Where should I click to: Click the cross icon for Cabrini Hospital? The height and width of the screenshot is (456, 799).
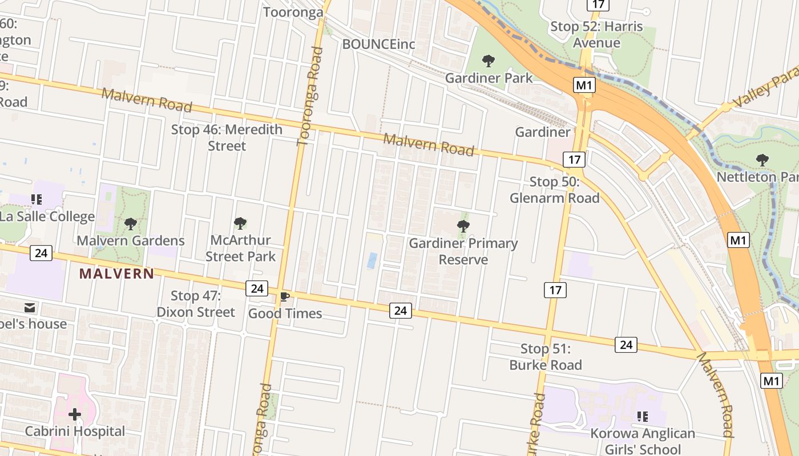[x=75, y=414]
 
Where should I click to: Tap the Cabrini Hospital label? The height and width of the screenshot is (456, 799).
[x=75, y=431]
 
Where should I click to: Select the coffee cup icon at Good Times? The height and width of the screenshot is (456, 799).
[x=285, y=297]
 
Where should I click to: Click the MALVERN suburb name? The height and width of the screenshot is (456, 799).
[x=117, y=274]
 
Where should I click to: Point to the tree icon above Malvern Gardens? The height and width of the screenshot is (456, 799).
[x=131, y=224]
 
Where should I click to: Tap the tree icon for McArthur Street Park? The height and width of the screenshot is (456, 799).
[x=240, y=223]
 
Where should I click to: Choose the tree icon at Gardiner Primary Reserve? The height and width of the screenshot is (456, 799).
[x=463, y=227]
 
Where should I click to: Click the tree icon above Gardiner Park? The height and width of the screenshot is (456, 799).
[x=489, y=61]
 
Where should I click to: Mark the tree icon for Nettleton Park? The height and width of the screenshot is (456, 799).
[x=762, y=160]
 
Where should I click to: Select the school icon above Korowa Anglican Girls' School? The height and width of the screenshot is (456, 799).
[x=643, y=417]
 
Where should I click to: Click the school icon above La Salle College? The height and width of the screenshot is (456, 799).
[x=37, y=199]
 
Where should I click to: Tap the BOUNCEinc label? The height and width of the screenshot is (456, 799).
[x=378, y=44]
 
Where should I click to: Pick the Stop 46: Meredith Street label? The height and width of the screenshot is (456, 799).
[x=227, y=137]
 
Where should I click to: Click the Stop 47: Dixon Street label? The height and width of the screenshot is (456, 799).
[x=196, y=304]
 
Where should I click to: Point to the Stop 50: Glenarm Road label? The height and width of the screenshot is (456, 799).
[x=555, y=190]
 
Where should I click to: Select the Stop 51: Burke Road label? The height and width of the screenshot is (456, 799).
[x=546, y=357]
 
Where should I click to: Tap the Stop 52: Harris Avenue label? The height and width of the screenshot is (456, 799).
[x=596, y=35]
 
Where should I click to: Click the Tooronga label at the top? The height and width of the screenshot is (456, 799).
[x=293, y=13]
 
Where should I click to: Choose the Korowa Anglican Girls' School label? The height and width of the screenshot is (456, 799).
[x=643, y=442]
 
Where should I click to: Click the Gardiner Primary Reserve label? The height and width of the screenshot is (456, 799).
[x=463, y=251]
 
